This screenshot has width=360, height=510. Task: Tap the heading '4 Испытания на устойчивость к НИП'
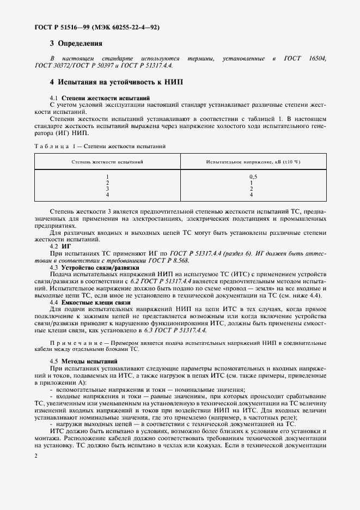point(117,82)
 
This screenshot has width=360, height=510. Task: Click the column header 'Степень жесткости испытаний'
point(107,162)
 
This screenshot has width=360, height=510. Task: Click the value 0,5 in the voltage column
point(253,177)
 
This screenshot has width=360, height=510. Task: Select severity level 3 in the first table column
point(107,189)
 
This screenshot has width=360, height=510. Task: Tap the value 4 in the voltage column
point(251,195)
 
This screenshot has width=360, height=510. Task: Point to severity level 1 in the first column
point(107,177)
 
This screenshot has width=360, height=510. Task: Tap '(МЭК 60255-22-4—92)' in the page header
point(130,27)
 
